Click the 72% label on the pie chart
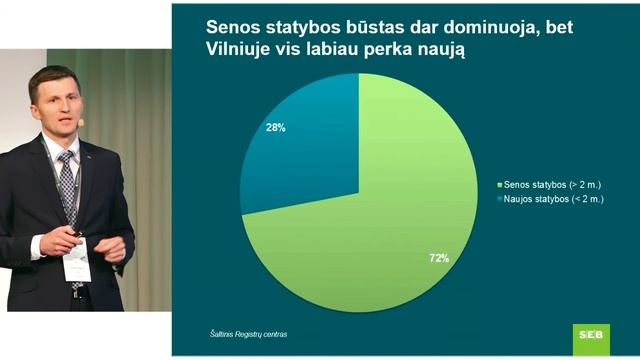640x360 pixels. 439,258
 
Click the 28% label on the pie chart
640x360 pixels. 276,128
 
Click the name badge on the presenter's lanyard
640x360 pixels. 77,263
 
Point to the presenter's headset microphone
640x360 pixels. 81,121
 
